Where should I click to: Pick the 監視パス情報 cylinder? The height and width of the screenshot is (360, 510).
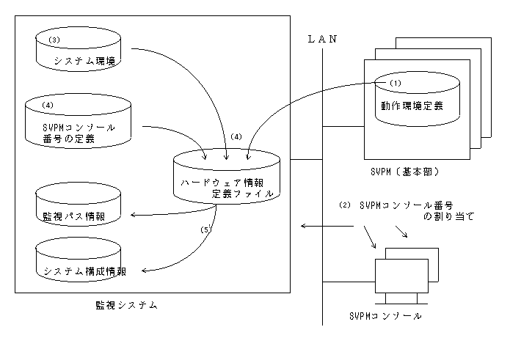point(79,210)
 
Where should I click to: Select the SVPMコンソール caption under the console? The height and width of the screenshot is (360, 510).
point(386,316)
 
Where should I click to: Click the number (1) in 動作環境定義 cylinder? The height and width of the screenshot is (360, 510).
point(396,83)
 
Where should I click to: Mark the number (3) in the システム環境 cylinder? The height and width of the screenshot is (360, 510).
point(53,39)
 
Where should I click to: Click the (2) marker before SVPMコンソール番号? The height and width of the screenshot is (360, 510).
point(345,205)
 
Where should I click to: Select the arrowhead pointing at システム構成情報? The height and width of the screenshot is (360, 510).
point(144,271)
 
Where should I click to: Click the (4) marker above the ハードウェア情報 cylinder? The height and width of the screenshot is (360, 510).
point(236,136)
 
